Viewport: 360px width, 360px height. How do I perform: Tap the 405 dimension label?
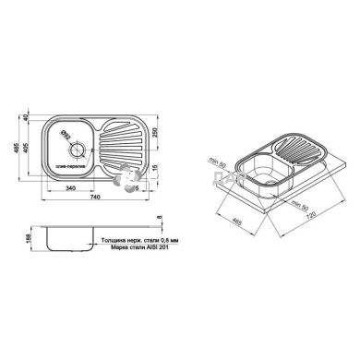click(30, 147)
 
